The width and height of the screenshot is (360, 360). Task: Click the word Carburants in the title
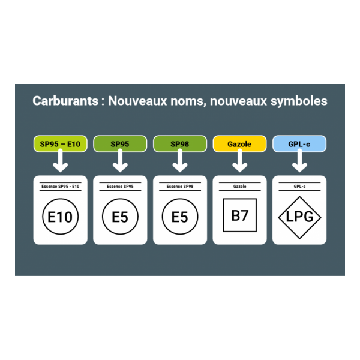pyautogui.click(x=65, y=101)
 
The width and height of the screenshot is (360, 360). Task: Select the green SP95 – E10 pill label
pyautogui.click(x=61, y=144)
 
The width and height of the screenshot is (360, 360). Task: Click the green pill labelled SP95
pyautogui.click(x=120, y=144)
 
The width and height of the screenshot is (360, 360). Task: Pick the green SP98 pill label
pyautogui.click(x=180, y=144)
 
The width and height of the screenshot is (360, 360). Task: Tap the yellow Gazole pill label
pyautogui.click(x=239, y=144)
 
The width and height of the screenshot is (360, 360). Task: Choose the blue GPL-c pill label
pyautogui.click(x=299, y=144)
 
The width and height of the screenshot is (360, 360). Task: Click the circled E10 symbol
pyautogui.click(x=60, y=217)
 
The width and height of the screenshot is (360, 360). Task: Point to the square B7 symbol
pyautogui.click(x=239, y=215)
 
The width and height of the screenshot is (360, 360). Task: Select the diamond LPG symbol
pyautogui.click(x=299, y=217)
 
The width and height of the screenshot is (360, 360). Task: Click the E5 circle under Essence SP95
pyautogui.click(x=120, y=217)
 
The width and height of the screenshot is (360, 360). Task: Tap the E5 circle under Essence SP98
pyautogui.click(x=180, y=217)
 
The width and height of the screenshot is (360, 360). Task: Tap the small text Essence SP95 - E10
pyautogui.click(x=60, y=187)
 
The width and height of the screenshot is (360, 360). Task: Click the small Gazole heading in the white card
pyautogui.click(x=239, y=187)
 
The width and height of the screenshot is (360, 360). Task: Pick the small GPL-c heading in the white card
pyautogui.click(x=299, y=187)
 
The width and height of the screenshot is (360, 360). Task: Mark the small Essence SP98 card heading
pyautogui.click(x=180, y=187)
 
